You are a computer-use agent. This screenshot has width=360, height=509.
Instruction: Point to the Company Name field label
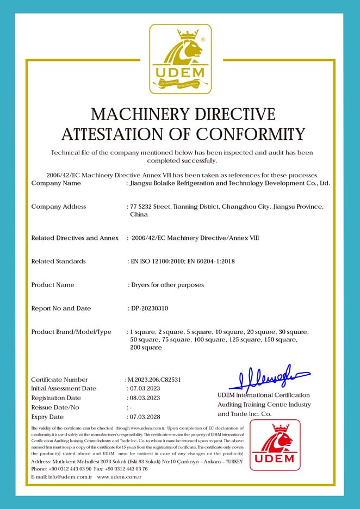tap(56, 183)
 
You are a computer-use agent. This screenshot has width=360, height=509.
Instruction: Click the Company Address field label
tap(59, 207)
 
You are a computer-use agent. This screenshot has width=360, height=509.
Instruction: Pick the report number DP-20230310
tap(150, 308)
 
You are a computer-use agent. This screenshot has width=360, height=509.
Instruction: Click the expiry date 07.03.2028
tap(144, 417)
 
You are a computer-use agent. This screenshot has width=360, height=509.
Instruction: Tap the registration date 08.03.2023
tap(144, 398)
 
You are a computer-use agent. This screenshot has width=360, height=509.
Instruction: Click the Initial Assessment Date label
tap(64, 389)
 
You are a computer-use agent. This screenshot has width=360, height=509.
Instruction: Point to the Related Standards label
tap(59, 262)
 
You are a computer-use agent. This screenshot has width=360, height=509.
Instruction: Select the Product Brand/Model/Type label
tap(71, 332)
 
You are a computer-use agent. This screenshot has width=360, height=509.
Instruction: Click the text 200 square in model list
tap(146, 347)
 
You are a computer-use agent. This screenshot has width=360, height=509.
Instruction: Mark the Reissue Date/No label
tap(55, 407)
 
